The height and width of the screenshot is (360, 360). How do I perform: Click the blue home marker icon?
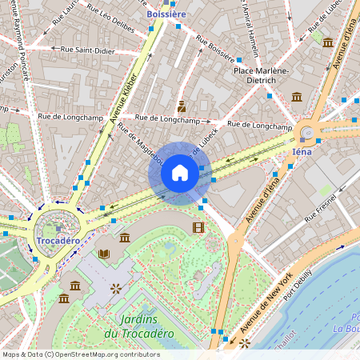click(180, 173)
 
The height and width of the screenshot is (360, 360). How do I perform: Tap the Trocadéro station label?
click(58, 241)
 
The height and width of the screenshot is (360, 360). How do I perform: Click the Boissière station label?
click(166, 14)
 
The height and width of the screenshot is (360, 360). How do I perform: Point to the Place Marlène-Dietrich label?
click(260, 75)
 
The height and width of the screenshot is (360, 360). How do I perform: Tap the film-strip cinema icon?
click(198, 228)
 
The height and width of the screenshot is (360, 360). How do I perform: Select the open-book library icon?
click(103, 254)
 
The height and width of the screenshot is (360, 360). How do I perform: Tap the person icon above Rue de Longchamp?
click(182, 106)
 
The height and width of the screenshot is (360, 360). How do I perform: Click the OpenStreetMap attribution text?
click(80, 354)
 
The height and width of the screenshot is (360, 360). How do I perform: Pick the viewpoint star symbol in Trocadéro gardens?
click(115, 286)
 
